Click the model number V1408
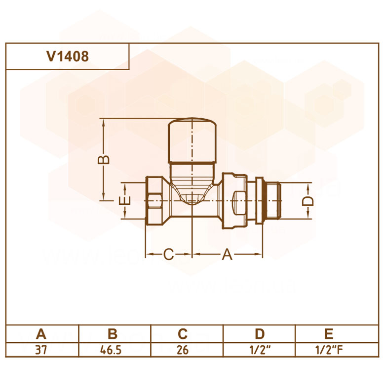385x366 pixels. (x=68, y=56)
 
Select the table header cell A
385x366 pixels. (x=41, y=334)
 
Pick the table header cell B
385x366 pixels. (x=113, y=334)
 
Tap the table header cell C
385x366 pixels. (x=183, y=334)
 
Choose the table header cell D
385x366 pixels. (x=260, y=334)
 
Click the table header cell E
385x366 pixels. (x=329, y=334)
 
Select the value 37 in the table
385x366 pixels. (x=41, y=350)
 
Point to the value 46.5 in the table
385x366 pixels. (x=111, y=350)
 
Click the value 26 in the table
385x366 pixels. (x=183, y=350)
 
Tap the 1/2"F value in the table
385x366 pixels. (x=329, y=350)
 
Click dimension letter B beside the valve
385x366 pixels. (x=103, y=160)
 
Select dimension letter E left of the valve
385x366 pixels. (x=124, y=201)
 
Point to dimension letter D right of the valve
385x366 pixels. (x=308, y=201)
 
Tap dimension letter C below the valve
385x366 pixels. (x=169, y=254)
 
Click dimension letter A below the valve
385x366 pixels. (x=227, y=254)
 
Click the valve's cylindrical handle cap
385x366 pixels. (x=192, y=140)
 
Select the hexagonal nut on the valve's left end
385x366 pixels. (x=154, y=200)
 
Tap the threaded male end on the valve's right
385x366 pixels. (x=272, y=200)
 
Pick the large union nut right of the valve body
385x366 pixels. (x=235, y=201)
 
